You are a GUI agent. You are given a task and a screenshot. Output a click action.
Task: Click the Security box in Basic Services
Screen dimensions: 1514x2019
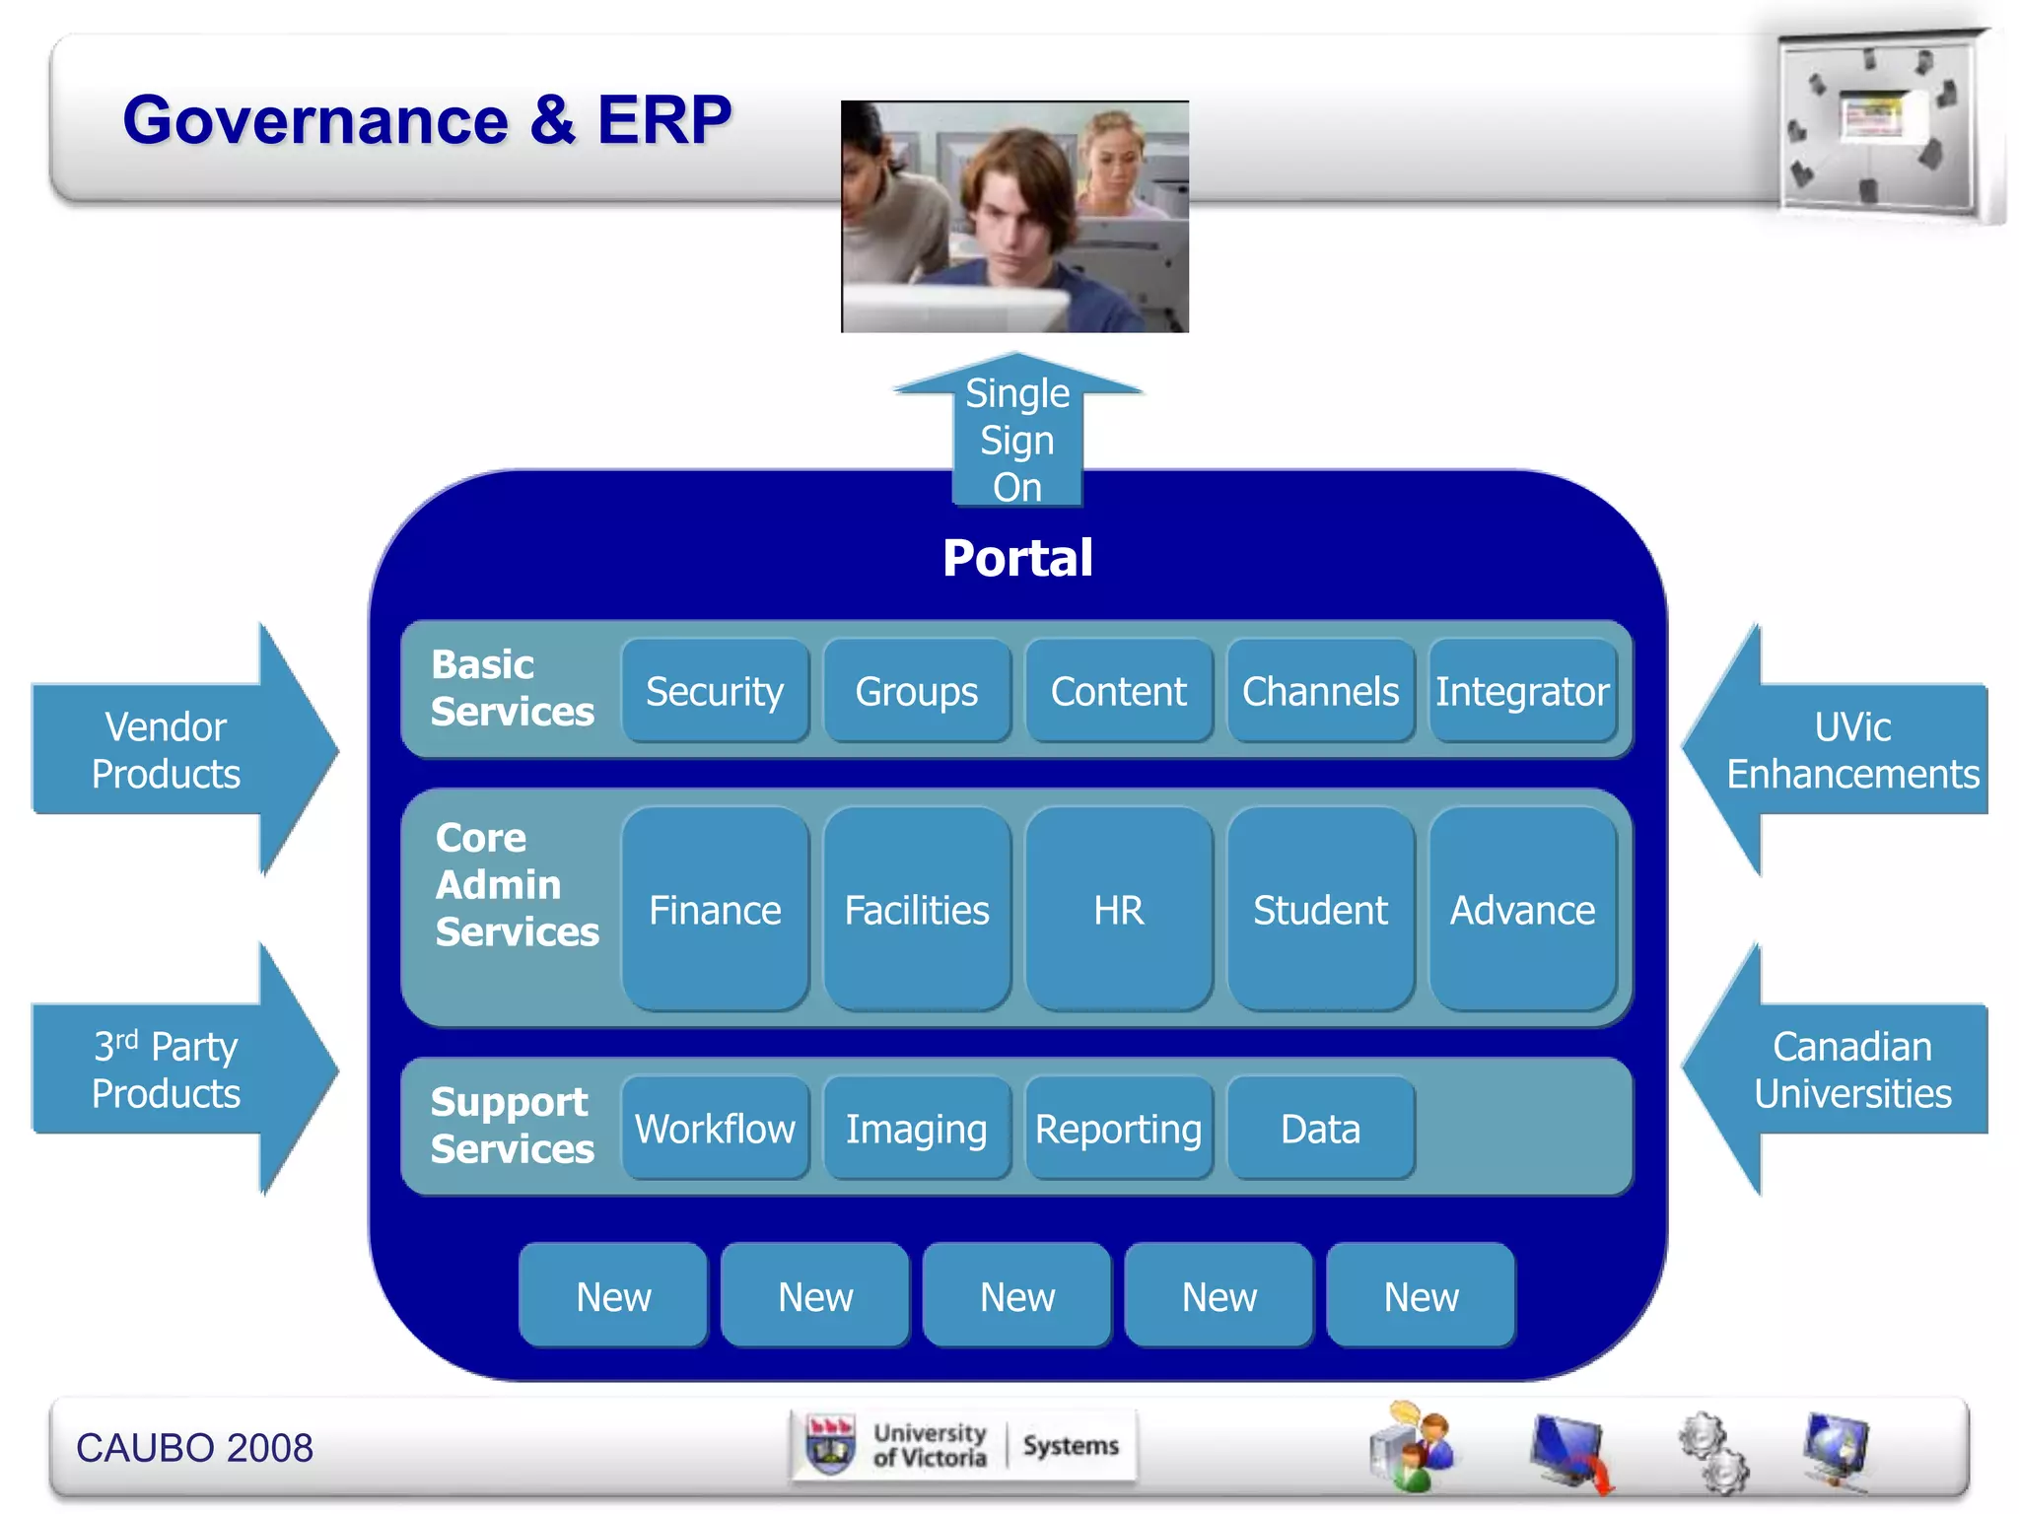(715, 691)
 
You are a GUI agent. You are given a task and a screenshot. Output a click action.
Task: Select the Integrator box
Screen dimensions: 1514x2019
(1521, 691)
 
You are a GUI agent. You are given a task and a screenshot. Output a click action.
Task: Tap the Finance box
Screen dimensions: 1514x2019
(715, 909)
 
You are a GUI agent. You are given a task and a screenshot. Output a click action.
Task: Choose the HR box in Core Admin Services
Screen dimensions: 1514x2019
(1118, 909)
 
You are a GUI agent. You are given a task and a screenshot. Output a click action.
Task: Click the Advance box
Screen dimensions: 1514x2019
(1521, 909)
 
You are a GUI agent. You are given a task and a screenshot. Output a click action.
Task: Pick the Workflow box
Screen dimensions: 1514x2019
(715, 1128)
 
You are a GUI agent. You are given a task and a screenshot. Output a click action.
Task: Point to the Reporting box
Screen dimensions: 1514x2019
(1118, 1128)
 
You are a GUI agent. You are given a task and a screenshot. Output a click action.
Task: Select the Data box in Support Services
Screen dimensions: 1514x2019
(1320, 1128)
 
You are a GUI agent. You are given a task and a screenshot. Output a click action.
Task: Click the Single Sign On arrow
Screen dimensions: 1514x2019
(1017, 438)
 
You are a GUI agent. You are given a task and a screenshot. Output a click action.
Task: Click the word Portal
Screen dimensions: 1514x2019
(1017, 558)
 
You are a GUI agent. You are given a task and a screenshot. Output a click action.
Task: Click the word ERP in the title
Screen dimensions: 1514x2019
(663, 120)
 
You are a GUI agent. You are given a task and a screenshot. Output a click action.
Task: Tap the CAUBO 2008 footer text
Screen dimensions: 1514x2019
(194, 1448)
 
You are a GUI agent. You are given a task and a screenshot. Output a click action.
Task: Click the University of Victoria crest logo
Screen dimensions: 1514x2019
(830, 1445)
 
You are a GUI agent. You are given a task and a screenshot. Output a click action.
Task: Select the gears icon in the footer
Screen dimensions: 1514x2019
(1713, 1451)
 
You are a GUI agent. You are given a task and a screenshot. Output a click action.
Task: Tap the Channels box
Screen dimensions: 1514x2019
(1320, 691)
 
